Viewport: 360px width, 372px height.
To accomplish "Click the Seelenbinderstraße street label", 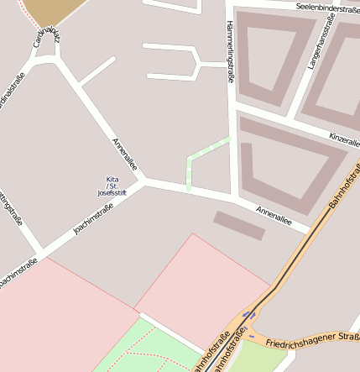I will point(327,7).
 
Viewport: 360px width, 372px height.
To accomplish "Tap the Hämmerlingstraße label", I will point(230,51).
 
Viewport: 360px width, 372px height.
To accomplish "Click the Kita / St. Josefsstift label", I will point(112,186).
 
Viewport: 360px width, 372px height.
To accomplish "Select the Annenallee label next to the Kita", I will point(123,154).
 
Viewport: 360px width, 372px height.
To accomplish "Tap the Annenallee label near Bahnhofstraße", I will point(274,216).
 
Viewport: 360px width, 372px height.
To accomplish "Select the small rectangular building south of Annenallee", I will point(240,225).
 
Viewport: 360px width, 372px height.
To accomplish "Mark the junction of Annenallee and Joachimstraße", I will point(143,181).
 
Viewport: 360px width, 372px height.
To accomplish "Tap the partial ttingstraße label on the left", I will point(10,206).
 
